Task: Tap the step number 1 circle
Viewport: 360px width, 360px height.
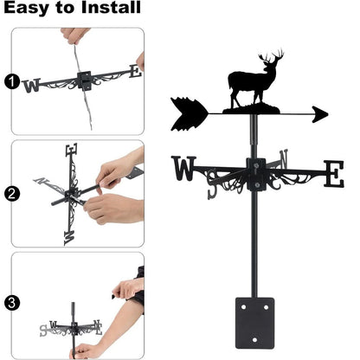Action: (x=11, y=82)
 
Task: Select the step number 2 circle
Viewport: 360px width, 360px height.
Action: (x=11, y=194)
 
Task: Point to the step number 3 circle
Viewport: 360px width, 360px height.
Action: (x=11, y=304)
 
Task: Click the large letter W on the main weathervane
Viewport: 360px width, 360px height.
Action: (x=184, y=167)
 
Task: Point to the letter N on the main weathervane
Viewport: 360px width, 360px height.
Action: (x=285, y=158)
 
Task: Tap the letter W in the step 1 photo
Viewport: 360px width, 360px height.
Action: (x=32, y=85)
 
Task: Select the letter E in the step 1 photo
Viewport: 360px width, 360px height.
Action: (x=134, y=72)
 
